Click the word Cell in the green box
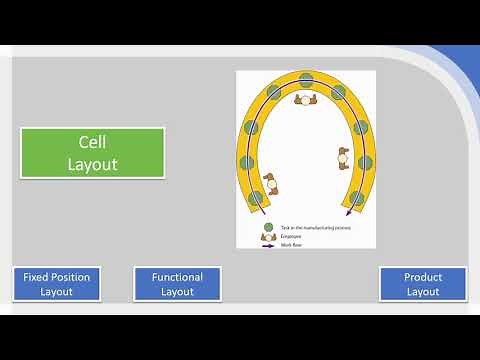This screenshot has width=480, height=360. [x=92, y=143]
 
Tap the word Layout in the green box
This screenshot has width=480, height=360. [x=92, y=163]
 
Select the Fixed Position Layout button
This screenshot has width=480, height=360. [x=56, y=284]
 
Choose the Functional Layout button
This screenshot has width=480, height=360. [x=177, y=284]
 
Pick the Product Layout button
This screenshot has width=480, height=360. [x=423, y=284]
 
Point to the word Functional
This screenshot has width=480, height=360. [x=177, y=277]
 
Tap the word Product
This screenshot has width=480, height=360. [x=423, y=277]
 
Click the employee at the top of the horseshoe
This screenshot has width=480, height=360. [x=305, y=98]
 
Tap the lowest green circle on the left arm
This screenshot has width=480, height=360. [x=256, y=198]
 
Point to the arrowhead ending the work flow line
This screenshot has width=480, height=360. [x=348, y=212]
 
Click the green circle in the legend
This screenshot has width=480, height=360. [x=268, y=227]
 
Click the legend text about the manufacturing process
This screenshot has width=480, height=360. [x=309, y=228]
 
